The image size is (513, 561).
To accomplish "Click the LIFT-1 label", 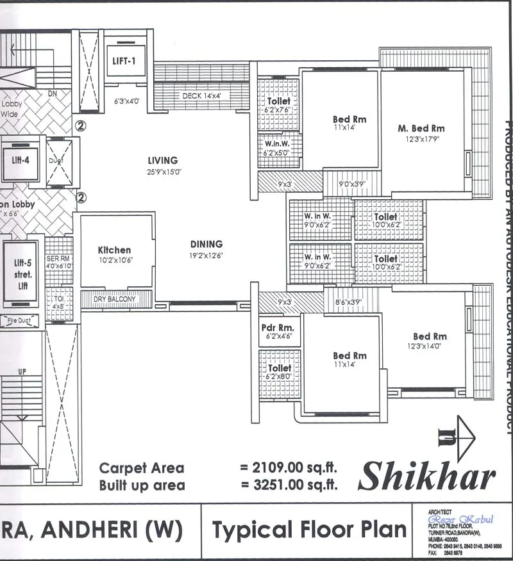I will (x=125, y=63).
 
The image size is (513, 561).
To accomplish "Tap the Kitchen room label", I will (x=114, y=250).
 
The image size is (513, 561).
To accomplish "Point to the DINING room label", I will (x=206, y=244).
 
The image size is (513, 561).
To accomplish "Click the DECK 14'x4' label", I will (x=201, y=96).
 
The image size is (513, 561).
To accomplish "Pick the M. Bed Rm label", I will (x=421, y=128).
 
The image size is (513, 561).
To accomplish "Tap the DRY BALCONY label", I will (x=116, y=300).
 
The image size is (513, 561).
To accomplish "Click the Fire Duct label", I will (x=20, y=321).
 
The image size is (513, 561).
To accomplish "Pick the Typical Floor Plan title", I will (x=309, y=530).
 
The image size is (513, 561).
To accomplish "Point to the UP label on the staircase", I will (x=22, y=371).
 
